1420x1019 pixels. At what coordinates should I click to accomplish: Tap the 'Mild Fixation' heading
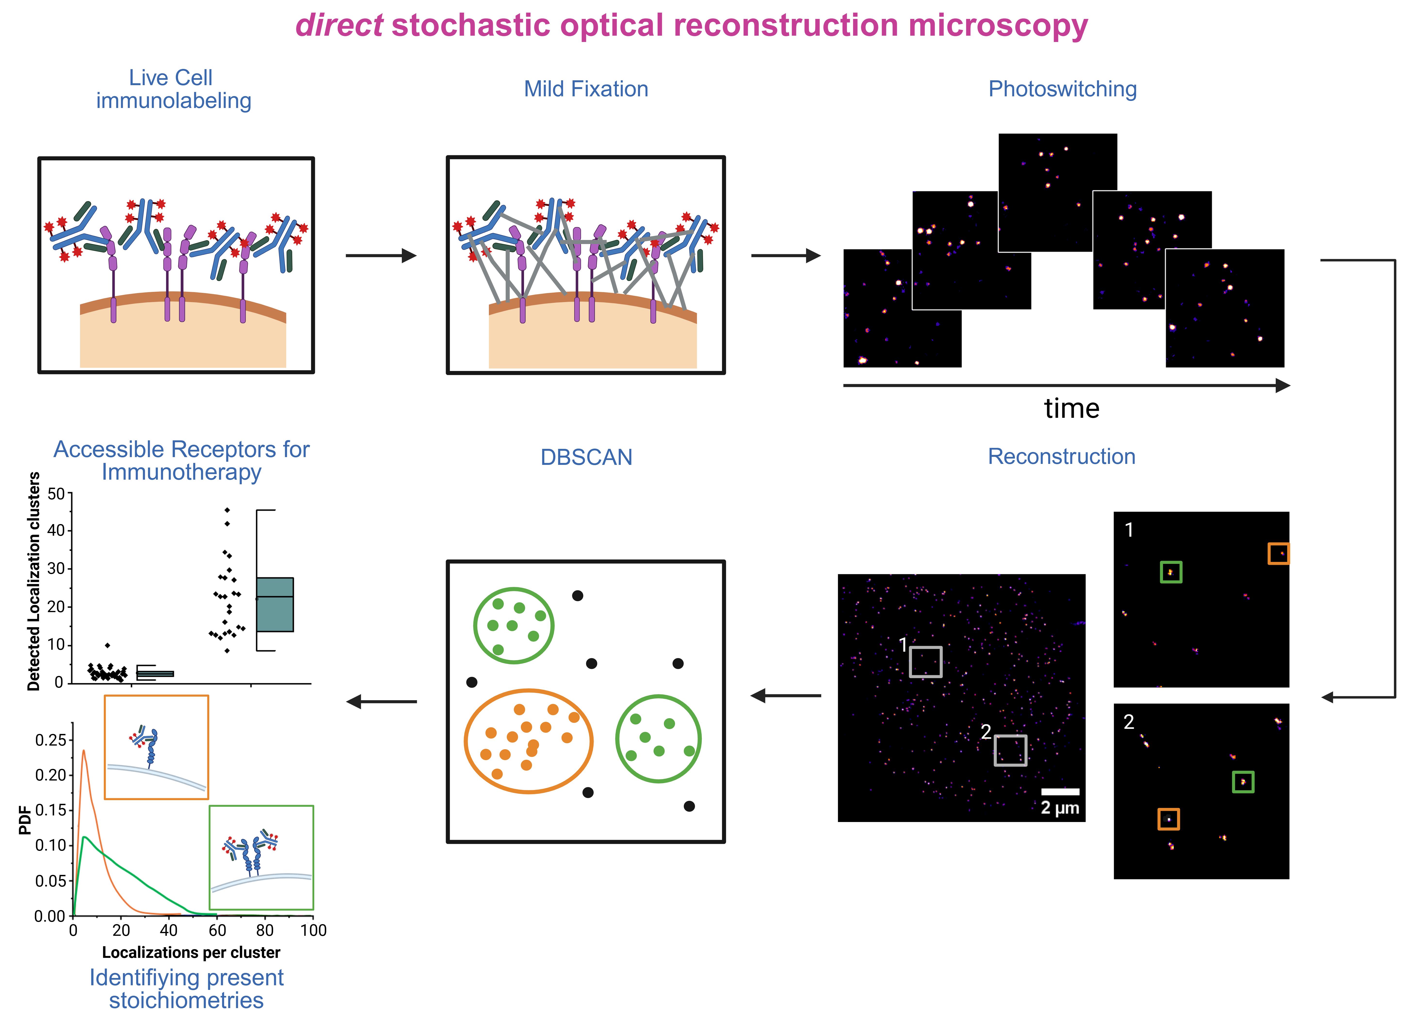point(586,89)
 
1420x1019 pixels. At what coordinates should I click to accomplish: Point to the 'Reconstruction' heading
point(1062,457)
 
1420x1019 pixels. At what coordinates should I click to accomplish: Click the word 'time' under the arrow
point(1072,408)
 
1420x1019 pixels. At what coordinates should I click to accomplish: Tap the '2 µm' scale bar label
point(1060,808)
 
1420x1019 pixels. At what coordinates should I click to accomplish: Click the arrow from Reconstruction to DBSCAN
point(786,695)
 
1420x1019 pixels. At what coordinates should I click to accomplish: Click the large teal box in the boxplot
point(275,604)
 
